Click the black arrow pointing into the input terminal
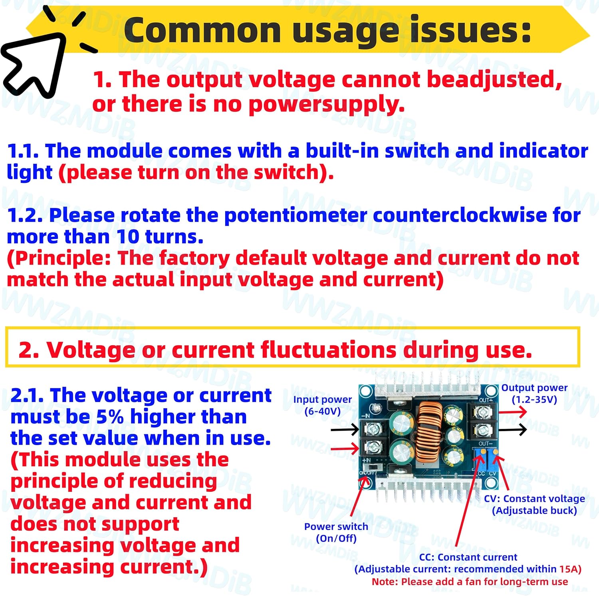(x=345, y=430)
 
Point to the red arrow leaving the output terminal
(x=513, y=412)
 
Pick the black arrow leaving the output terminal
(x=513, y=430)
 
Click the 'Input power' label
(x=322, y=399)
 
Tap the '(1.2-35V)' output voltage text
(x=534, y=399)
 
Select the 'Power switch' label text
(x=336, y=526)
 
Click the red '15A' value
(x=570, y=569)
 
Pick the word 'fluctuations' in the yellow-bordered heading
(x=328, y=350)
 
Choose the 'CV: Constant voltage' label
(x=534, y=499)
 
